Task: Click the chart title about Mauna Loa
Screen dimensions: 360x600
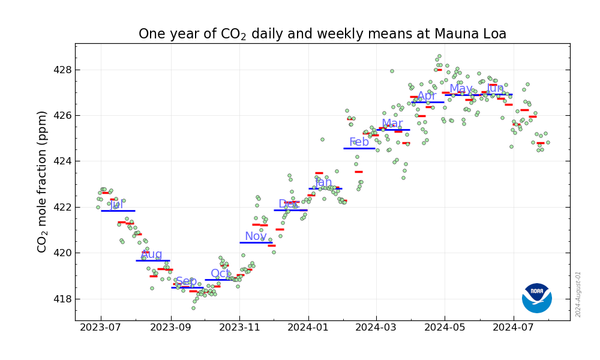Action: coord(322,34)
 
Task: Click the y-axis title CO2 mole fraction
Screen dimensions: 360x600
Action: coord(43,181)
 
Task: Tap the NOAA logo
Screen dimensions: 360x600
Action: coord(536,298)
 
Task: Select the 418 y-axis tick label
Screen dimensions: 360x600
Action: coord(62,299)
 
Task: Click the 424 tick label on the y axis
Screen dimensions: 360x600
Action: coord(62,161)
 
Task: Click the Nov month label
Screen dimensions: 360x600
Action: coord(256,236)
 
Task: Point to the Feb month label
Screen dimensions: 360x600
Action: coord(359,142)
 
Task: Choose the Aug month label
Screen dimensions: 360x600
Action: coord(151,254)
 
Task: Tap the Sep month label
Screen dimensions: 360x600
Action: coord(186,281)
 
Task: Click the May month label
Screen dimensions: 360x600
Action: coord(461,89)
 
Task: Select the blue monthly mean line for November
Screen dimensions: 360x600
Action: coord(256,242)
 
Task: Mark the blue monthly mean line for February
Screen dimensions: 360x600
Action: coord(359,148)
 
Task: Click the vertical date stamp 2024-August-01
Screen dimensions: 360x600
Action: coord(578,294)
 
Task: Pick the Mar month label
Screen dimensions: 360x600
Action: coord(392,124)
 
